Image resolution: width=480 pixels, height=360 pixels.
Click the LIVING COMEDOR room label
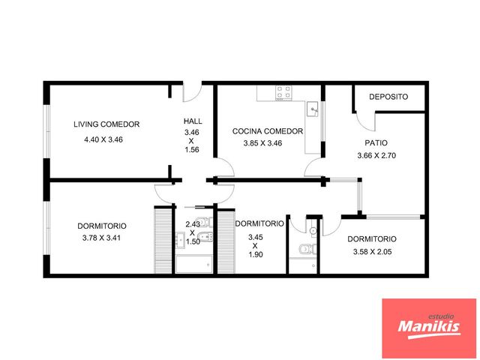coord(106,124)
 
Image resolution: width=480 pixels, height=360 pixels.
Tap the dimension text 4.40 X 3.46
coord(103,139)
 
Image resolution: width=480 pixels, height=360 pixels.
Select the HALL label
coord(193,121)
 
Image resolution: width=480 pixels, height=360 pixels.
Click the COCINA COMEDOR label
coord(268,131)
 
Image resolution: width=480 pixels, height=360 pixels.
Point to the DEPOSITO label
coord(388,97)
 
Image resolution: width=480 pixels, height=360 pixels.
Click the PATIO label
coord(376,143)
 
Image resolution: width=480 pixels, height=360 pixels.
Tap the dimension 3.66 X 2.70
coord(376,155)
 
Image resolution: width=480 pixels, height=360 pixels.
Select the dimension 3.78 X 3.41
coord(101,238)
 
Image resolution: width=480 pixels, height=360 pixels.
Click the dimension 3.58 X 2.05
coord(372,252)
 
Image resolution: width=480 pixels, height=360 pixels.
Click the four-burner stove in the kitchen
coord(283,93)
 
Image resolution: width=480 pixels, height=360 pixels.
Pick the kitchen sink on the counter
coord(312,109)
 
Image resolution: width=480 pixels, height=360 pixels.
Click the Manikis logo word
coord(429,327)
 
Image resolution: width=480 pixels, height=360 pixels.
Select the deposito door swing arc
coord(366,122)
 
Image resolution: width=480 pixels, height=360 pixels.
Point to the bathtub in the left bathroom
coord(194,264)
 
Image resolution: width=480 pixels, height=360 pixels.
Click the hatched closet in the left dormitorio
coord(163,240)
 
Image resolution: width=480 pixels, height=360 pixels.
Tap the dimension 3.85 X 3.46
coord(263,143)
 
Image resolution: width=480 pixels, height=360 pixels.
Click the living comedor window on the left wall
coord(46,132)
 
